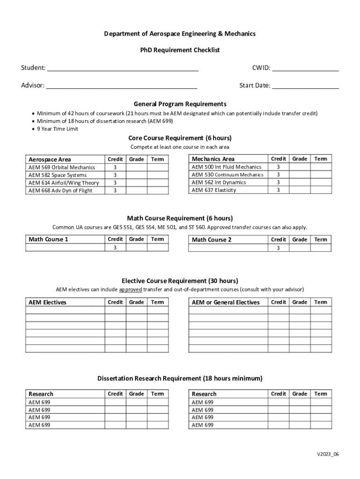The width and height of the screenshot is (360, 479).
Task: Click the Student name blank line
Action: coord(122,69)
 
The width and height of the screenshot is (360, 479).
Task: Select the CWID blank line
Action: coord(305,69)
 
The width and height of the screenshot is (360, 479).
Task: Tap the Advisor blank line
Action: coord(122,86)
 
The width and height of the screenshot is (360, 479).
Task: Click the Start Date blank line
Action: coord(305,86)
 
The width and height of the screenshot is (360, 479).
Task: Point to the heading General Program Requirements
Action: coord(180,104)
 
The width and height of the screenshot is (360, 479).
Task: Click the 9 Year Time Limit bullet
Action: coord(58,129)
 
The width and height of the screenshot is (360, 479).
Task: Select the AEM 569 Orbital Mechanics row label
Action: coord(62,167)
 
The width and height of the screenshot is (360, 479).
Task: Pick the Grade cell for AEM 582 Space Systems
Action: coord(137,175)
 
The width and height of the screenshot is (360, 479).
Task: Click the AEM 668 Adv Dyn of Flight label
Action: coord(60,190)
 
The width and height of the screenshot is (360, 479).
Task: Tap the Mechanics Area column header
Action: coord(213,159)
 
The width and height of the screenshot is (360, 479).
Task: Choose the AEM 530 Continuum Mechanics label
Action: coord(227,174)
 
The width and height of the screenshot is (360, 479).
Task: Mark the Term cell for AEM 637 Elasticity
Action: coord(321,190)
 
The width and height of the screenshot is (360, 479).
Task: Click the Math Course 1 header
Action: coord(49,239)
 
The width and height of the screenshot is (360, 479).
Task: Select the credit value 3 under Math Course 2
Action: coord(278,248)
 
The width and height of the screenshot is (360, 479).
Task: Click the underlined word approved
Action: coord(130,289)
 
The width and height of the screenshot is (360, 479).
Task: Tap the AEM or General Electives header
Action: coord(225,302)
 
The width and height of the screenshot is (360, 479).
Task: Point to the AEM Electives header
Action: coord(48,302)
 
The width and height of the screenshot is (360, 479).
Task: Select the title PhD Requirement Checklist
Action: coord(180,50)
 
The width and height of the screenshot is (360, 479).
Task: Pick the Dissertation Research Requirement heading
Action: coord(180,378)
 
